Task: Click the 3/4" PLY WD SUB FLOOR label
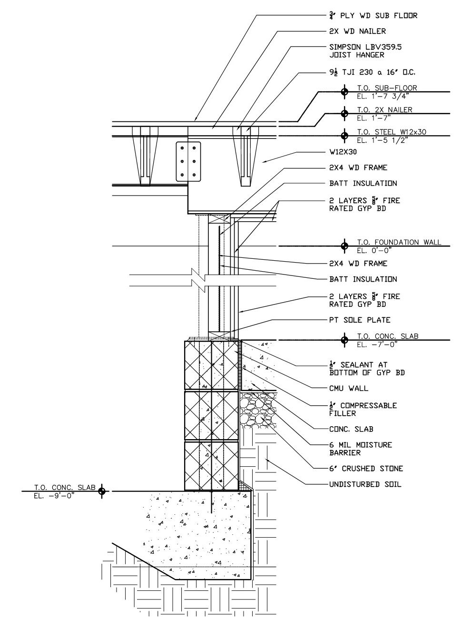tap(373, 16)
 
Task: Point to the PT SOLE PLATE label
tap(360, 320)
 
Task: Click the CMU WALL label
tap(348, 388)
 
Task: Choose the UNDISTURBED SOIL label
tap(365, 484)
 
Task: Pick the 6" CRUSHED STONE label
tap(366, 469)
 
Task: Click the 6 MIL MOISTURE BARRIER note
tap(360, 449)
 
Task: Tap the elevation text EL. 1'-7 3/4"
tap(384, 96)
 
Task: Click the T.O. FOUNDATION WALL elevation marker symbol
tap(344, 246)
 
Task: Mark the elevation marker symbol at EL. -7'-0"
tap(344, 340)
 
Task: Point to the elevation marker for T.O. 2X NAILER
tap(344, 113)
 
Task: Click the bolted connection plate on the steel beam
tap(188, 161)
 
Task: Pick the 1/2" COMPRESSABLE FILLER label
tap(363, 409)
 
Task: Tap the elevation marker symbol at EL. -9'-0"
tap(101, 491)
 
